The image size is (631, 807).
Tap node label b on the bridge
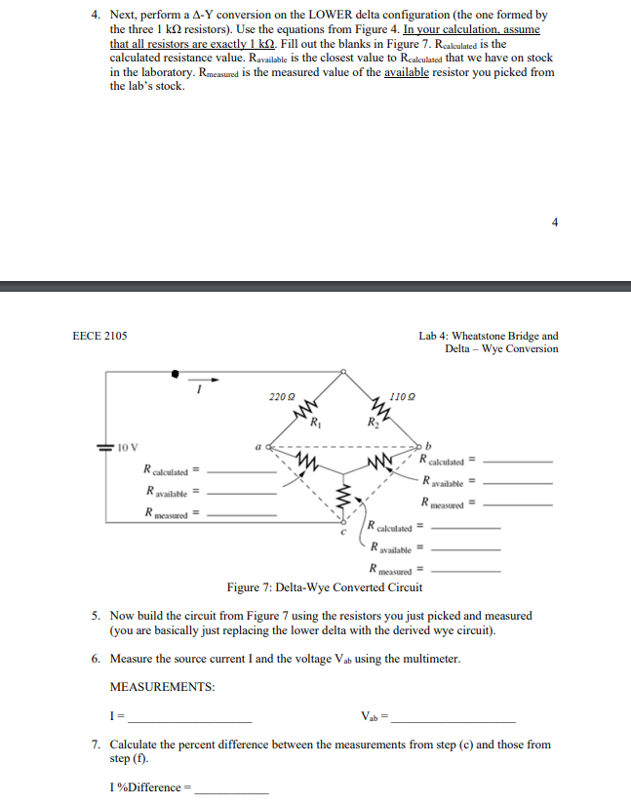pyautogui.click(x=426, y=445)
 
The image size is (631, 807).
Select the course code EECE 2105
pyautogui.click(x=99, y=336)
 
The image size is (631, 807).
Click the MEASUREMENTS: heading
pyautogui.click(x=163, y=687)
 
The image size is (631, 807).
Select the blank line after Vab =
pyautogui.click(x=453, y=719)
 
